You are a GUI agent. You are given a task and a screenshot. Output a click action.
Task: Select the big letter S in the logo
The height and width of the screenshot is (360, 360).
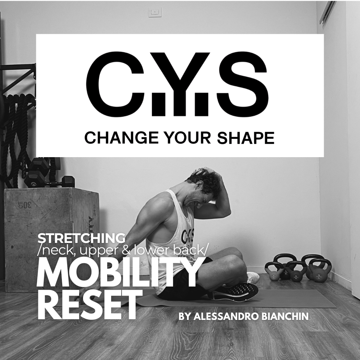pos(242,84)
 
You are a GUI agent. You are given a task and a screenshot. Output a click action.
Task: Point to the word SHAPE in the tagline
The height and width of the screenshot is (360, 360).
pos(245,138)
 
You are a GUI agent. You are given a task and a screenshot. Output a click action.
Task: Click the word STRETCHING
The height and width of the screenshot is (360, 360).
pos(82,238)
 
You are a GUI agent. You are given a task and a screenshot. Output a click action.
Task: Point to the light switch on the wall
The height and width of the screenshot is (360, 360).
pos(155,12)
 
